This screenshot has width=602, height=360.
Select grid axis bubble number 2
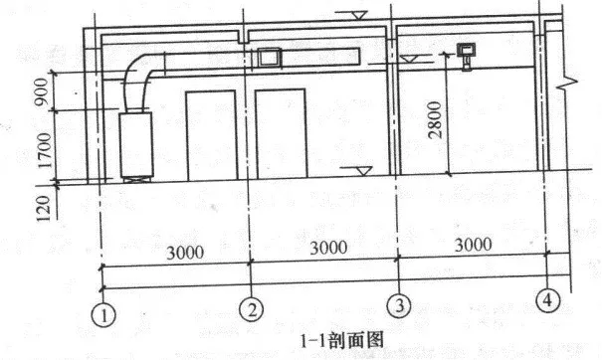tap(255, 311)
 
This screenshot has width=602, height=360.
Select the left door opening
tap(212, 134)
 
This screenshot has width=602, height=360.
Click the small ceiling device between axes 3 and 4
tap(466, 52)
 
